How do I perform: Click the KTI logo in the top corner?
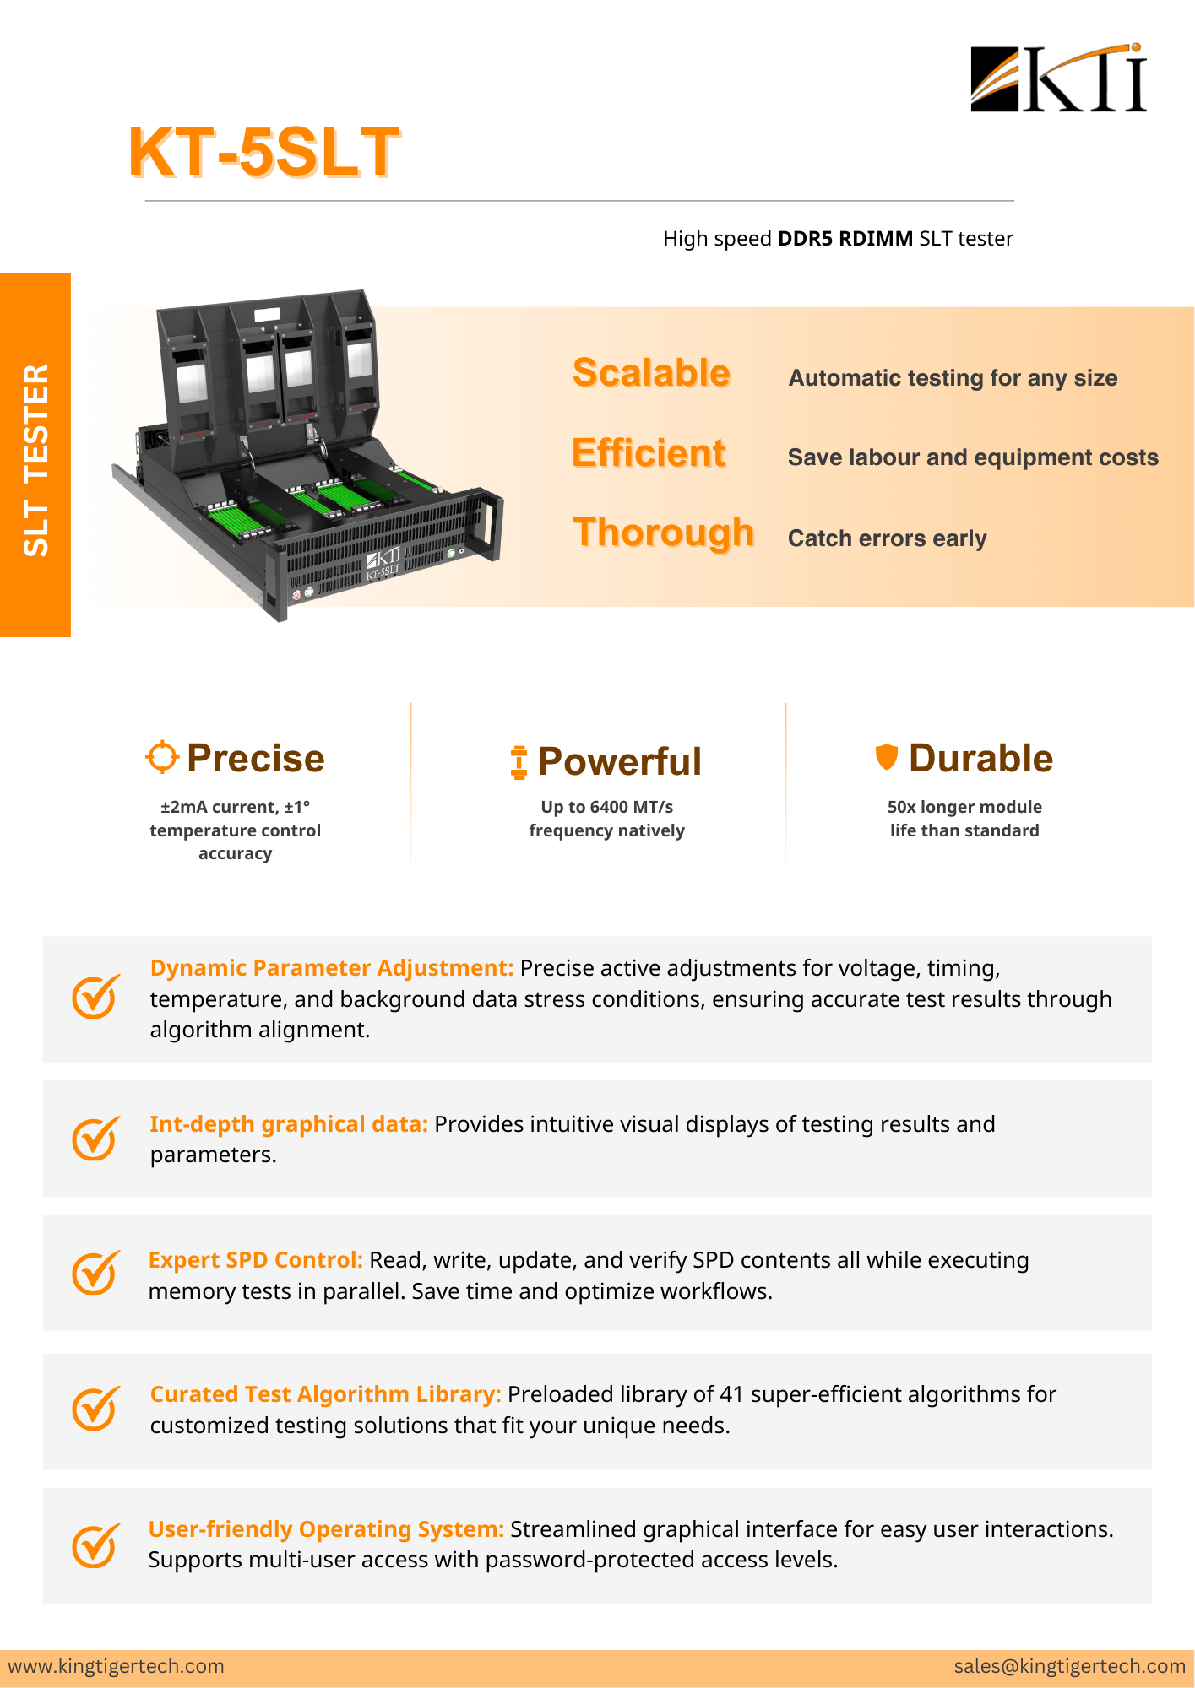point(1058,78)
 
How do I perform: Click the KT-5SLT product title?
point(263,153)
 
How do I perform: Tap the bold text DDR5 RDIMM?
point(845,239)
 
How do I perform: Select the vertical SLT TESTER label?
point(36,460)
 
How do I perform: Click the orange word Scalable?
point(651,373)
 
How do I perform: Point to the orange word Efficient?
point(649,453)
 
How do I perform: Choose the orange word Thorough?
point(663,533)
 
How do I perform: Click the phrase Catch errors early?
point(887,538)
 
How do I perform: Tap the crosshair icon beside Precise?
point(162,757)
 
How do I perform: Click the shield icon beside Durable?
point(886,756)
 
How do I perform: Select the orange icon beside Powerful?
point(519,761)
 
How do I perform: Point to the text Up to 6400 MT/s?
point(606,807)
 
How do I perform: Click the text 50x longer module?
point(964,807)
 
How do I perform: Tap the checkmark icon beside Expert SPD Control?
point(95,1272)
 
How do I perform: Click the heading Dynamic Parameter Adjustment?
point(331,968)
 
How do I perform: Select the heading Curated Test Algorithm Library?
point(325,1394)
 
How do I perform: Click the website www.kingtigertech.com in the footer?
point(117,1666)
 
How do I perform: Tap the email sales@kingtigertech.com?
point(1069,1666)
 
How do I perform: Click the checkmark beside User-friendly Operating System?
point(95,1545)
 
